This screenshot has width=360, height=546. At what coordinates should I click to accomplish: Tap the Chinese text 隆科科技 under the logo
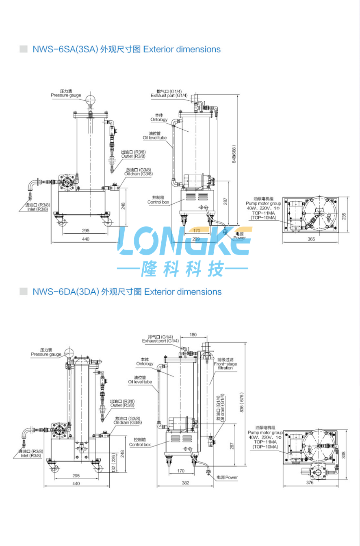182,269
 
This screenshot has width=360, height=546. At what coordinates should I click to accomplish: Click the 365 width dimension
311,239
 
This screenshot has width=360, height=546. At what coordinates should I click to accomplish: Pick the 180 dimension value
193,335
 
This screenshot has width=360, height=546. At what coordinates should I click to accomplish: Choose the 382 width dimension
185,483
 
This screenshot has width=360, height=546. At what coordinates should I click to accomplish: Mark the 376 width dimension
310,483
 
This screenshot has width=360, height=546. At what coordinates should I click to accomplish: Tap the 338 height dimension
343,454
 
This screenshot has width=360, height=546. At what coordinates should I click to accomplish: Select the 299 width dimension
196,239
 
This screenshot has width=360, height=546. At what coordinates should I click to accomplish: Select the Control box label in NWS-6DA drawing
140,442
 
